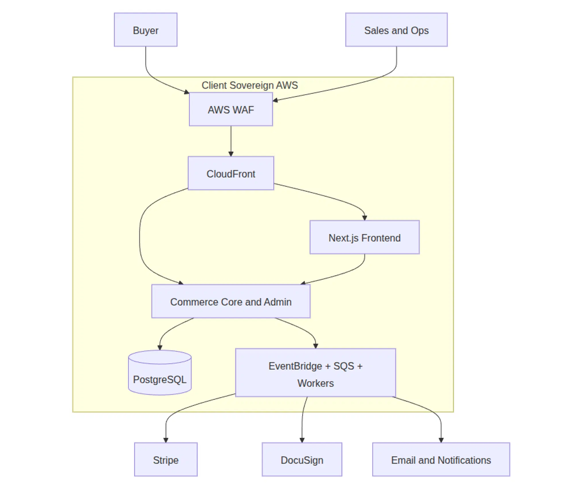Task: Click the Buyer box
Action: (145, 30)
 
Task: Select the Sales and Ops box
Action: (396, 30)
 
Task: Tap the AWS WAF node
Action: (231, 109)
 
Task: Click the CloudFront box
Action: (231, 173)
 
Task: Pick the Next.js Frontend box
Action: (364, 237)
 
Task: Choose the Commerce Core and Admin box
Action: (231, 301)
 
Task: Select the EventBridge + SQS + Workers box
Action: (315, 373)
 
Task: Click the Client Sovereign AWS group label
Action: (249, 85)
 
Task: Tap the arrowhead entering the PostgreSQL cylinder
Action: (160, 348)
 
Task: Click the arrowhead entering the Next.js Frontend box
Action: (364, 218)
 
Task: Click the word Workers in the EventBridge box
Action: (315, 383)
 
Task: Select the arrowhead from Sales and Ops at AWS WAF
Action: (275, 100)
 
